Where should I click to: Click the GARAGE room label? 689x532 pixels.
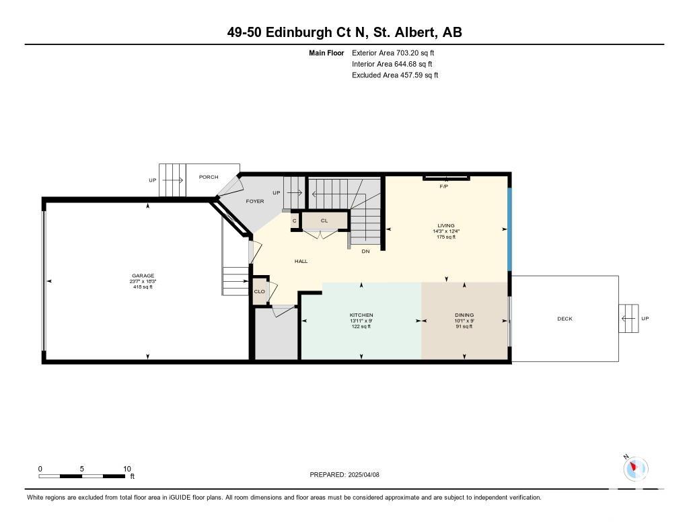[x=143, y=276]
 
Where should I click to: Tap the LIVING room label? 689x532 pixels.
[x=446, y=225]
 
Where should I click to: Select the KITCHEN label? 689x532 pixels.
[x=361, y=315]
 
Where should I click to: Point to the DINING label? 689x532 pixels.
[x=464, y=315]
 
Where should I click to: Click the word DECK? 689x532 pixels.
[x=565, y=319]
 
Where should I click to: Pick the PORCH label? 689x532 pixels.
[x=209, y=177]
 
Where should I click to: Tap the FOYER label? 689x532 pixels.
[x=255, y=201]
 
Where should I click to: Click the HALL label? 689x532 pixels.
[x=301, y=261]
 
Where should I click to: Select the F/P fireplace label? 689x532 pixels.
[x=444, y=186]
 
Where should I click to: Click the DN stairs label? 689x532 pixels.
[x=365, y=252]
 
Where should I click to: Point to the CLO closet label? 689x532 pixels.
[x=259, y=291]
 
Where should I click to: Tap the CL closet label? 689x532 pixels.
[x=324, y=221]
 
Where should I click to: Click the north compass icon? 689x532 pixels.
[x=635, y=467]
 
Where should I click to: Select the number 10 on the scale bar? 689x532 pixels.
[x=127, y=469]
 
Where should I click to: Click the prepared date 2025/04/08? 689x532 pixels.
[x=364, y=474]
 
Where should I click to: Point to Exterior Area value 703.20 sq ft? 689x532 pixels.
[x=415, y=52]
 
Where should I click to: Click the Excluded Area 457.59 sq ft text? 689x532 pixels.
[x=395, y=75]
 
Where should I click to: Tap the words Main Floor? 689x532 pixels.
[x=326, y=52]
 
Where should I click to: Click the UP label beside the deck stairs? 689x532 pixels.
[x=645, y=319]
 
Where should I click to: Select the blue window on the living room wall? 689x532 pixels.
[x=510, y=229]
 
